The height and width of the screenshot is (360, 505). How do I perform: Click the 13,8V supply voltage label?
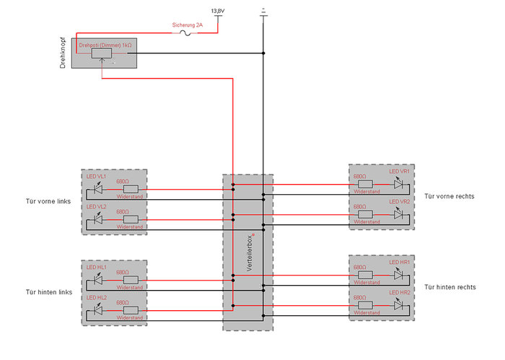point(217,12)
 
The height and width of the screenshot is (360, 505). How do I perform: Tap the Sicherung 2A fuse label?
point(188,25)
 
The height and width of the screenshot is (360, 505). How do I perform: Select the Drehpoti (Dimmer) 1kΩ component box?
point(106,53)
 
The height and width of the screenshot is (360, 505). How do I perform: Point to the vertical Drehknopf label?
point(63,53)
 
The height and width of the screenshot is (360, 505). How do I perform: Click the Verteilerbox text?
point(249,253)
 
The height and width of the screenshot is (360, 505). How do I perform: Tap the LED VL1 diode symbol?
point(98,190)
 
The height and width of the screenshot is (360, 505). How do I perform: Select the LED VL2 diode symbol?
point(98,219)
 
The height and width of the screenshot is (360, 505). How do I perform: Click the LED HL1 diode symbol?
point(98,281)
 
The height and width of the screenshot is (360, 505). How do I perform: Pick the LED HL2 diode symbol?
point(98,311)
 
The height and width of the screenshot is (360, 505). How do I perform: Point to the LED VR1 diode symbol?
point(398,183)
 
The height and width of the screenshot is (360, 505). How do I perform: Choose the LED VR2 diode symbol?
point(398,214)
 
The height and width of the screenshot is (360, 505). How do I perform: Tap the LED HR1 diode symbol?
point(398,275)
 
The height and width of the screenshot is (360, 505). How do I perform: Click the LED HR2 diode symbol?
point(398,305)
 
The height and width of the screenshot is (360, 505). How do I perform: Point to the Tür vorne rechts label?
point(449,196)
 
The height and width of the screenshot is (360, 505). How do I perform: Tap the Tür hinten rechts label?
point(450,287)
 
